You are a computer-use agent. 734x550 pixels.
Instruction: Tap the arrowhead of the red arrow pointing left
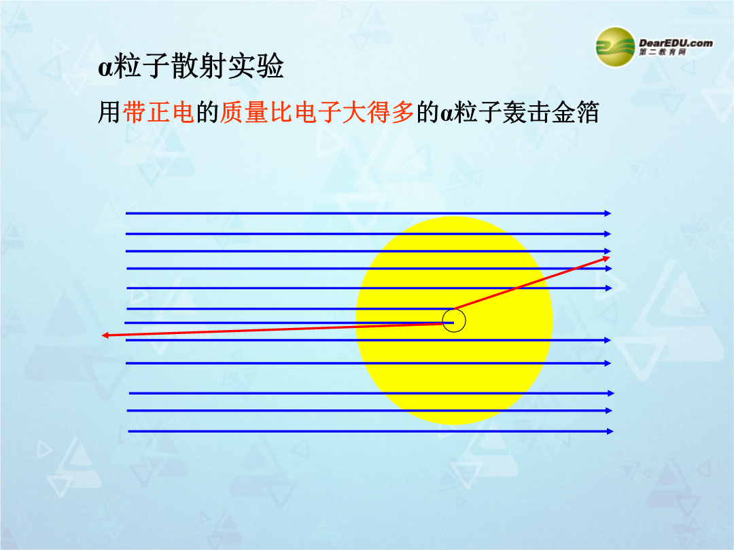click(105, 335)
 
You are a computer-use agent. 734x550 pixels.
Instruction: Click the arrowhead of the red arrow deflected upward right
click(607, 258)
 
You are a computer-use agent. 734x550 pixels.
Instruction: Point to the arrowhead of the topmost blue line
click(608, 213)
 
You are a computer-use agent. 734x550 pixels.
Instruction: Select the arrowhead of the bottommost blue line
click(610, 431)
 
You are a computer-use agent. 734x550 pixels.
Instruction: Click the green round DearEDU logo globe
click(614, 47)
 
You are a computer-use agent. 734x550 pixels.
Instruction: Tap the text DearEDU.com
click(676, 43)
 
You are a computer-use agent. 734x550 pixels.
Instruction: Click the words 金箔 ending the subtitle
click(576, 113)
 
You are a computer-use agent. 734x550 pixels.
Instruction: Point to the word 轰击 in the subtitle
click(527, 113)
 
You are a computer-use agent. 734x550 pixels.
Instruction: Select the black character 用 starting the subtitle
click(110, 113)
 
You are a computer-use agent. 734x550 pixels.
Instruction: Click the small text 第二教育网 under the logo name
click(663, 52)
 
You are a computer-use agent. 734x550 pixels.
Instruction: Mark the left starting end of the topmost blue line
click(126, 213)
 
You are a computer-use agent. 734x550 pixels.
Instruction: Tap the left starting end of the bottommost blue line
click(128, 431)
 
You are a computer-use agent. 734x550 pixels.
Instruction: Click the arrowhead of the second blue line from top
click(608, 234)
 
